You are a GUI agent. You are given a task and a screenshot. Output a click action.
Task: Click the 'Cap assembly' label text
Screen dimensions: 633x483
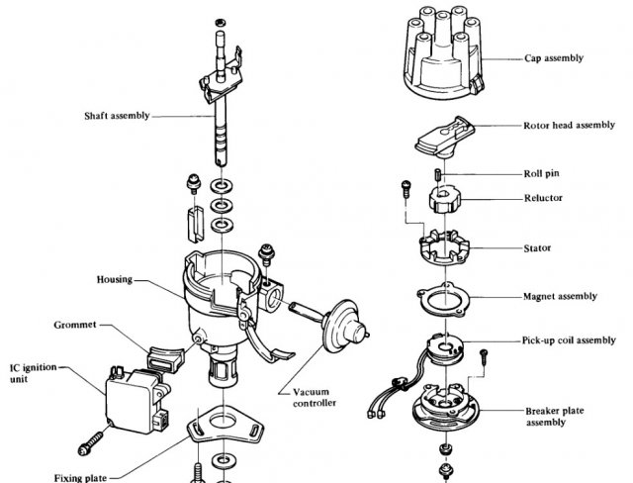(x=554, y=58)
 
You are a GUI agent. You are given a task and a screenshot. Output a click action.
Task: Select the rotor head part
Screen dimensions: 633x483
(x=444, y=137)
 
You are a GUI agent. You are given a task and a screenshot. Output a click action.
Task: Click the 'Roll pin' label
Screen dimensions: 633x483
(x=541, y=173)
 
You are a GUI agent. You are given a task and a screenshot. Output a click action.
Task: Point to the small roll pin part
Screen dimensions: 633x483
(x=438, y=175)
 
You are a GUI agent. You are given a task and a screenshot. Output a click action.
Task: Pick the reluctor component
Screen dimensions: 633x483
(x=444, y=199)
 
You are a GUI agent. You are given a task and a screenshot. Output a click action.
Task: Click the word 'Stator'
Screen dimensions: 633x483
(x=537, y=248)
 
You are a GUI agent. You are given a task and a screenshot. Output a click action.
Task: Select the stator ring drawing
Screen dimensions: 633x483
(x=444, y=247)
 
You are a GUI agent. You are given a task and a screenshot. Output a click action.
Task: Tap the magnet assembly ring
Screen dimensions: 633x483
(x=444, y=300)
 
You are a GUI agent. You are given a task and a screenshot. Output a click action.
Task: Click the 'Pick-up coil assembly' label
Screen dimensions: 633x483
(x=569, y=340)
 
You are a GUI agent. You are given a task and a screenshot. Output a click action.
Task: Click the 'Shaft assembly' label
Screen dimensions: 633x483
(x=117, y=116)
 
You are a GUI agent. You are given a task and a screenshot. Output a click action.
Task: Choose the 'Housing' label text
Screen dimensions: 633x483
(x=115, y=279)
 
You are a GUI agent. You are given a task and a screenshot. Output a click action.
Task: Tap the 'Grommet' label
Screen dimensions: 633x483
(x=75, y=325)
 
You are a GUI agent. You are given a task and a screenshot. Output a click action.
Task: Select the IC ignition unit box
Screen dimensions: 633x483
(x=136, y=400)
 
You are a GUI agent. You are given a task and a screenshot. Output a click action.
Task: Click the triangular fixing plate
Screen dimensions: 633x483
(x=225, y=424)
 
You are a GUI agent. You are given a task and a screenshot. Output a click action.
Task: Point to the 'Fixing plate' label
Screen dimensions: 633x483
(x=80, y=478)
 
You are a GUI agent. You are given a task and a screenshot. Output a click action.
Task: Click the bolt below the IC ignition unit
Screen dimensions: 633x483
(x=90, y=443)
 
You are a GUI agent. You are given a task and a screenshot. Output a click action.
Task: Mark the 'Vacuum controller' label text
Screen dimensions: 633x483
(x=315, y=397)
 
